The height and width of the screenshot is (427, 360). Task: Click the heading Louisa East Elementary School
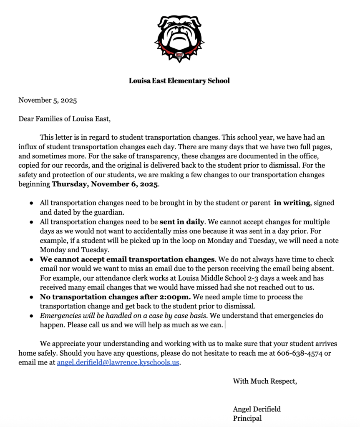(179, 80)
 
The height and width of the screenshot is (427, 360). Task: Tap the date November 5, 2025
(48, 100)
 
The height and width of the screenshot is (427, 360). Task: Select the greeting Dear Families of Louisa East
(65, 119)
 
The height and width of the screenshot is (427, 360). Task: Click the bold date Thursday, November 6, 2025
(105, 184)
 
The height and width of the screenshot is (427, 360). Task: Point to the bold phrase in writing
(292, 203)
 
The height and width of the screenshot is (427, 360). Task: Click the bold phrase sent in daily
(182, 222)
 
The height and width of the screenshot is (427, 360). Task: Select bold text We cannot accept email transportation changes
(127, 259)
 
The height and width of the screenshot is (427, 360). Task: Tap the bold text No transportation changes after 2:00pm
(115, 297)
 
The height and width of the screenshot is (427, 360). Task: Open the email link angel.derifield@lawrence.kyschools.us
(118, 363)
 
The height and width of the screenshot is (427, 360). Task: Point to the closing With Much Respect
(265, 381)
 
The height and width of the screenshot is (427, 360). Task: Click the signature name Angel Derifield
(257, 409)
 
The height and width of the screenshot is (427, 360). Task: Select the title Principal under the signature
(247, 418)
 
